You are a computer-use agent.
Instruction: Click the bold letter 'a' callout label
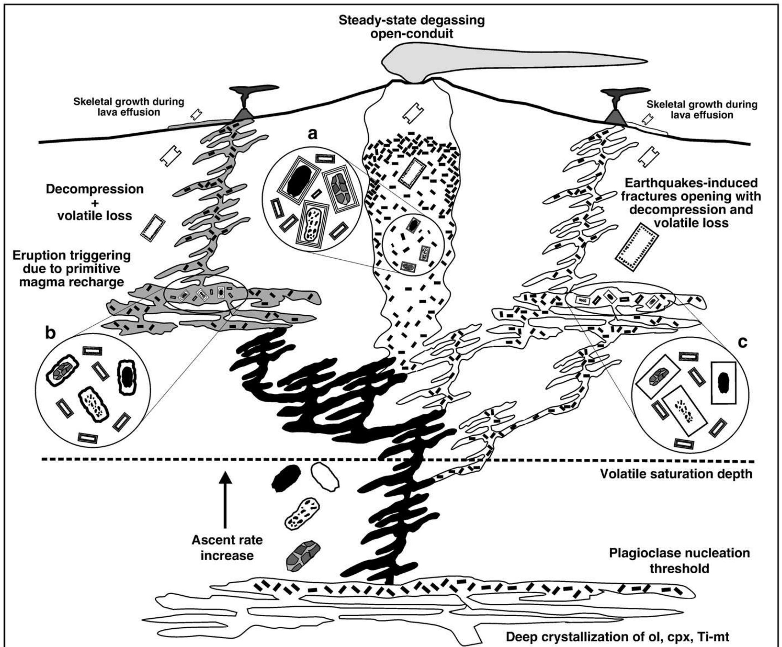coord(312,133)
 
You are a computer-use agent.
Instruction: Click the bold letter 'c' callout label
coord(742,342)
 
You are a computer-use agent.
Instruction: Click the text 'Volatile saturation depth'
coord(676,474)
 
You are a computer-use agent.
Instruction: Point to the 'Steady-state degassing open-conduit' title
coord(412,27)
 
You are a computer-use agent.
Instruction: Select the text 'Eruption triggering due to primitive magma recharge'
coord(71,269)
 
